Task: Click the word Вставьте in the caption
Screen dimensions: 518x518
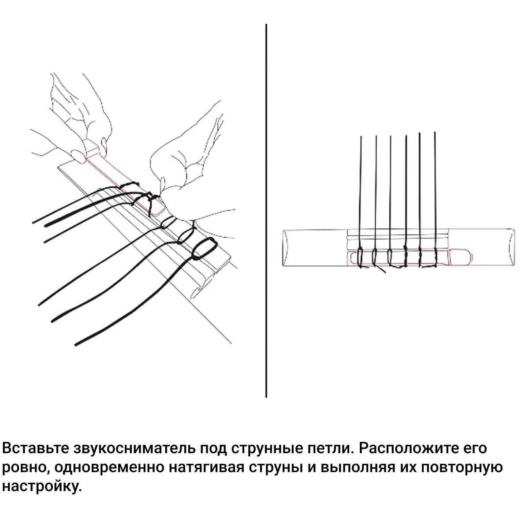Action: (35, 448)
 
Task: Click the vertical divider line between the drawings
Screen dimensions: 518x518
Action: (266, 210)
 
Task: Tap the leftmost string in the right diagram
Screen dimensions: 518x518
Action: (360, 201)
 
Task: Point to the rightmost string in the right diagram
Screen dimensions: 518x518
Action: (435, 200)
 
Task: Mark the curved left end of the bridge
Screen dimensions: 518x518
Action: (285, 247)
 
